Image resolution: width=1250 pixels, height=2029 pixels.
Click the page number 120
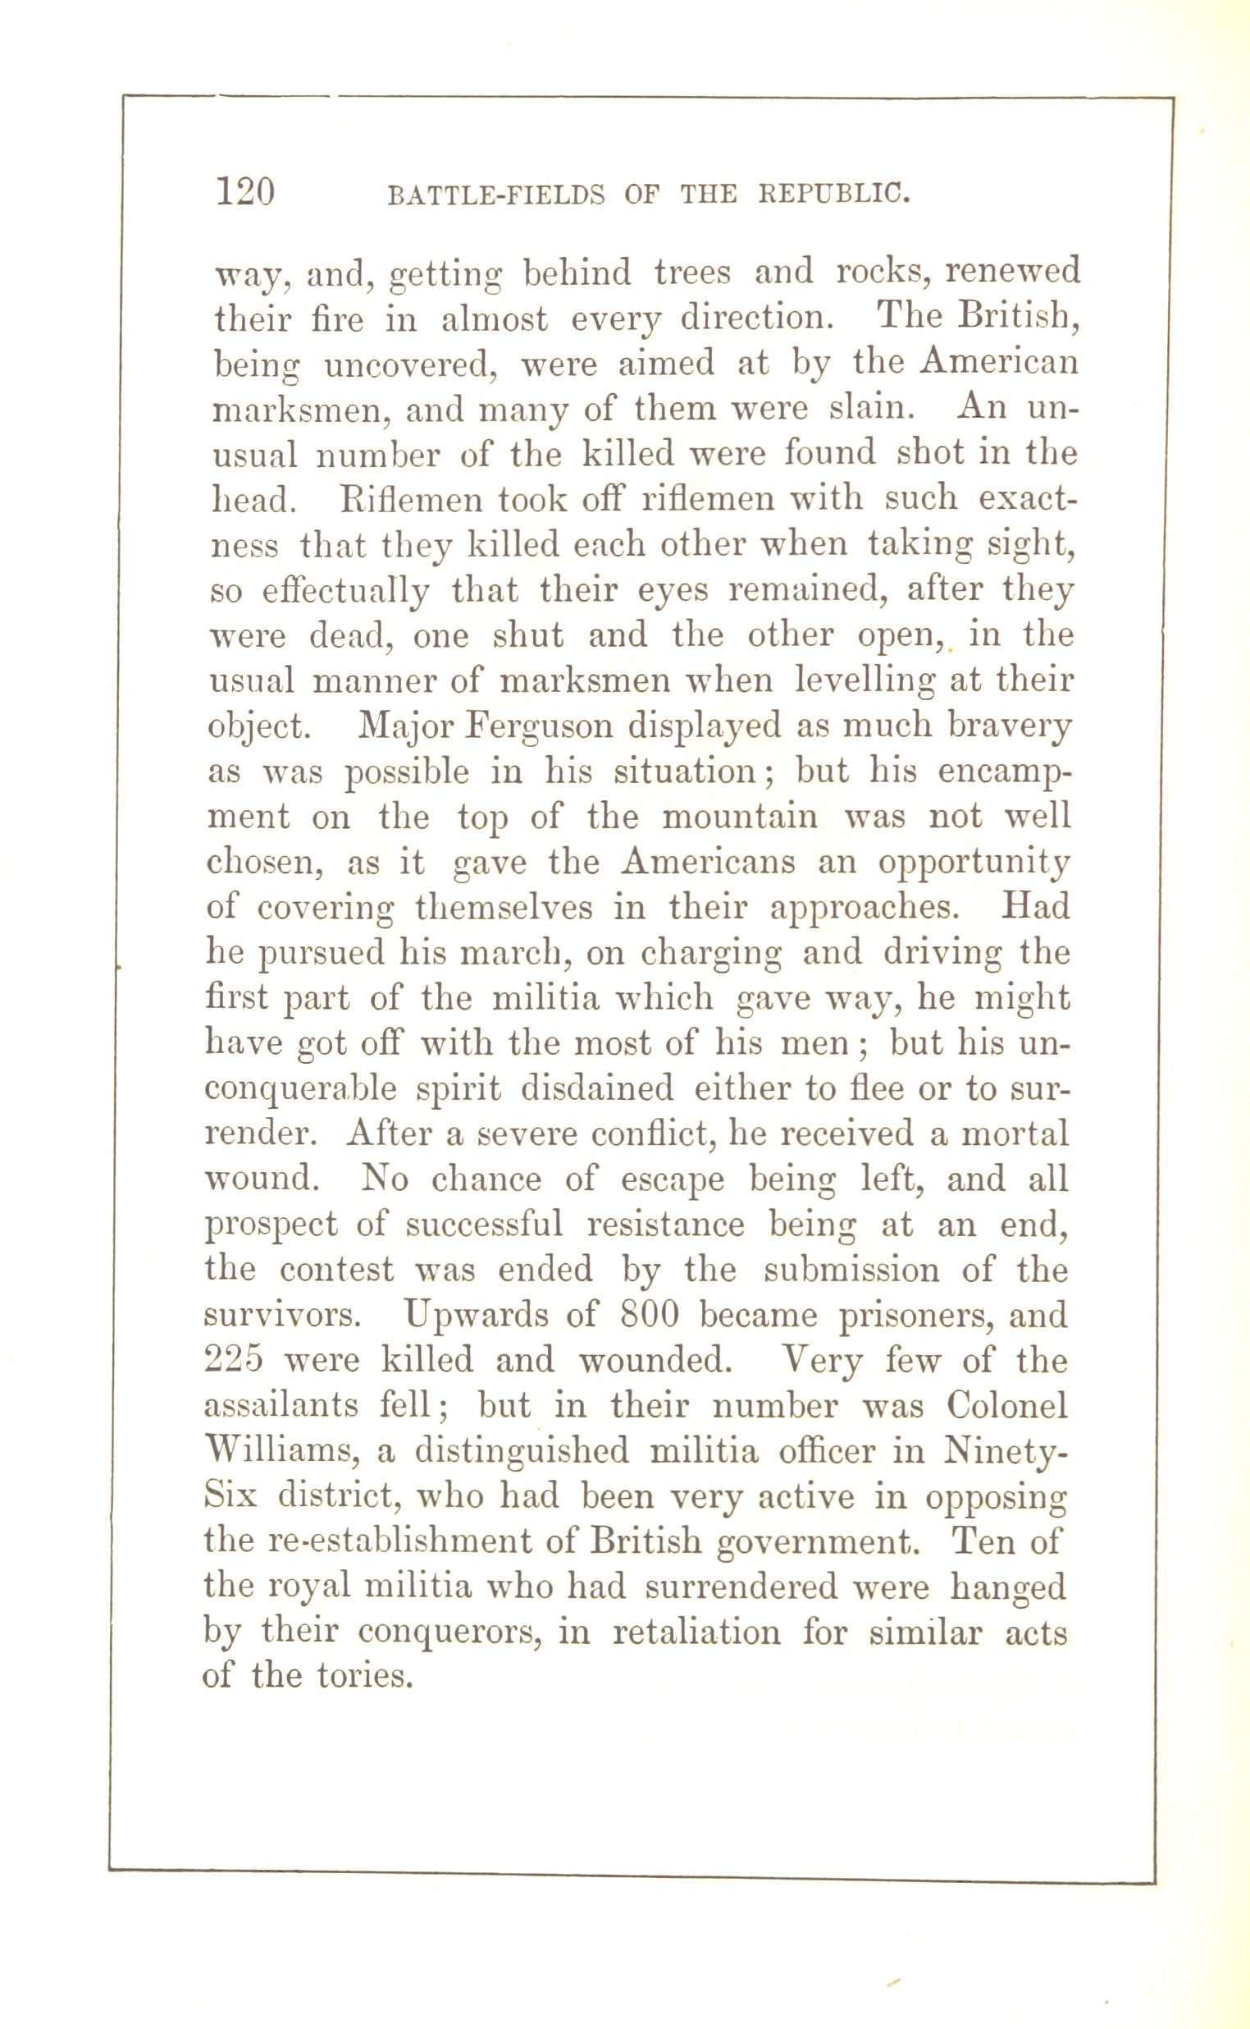click(244, 192)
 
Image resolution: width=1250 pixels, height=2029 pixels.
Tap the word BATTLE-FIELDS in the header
click(496, 195)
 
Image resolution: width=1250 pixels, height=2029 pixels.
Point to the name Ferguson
click(541, 726)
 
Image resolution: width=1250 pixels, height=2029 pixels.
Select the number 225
click(235, 1360)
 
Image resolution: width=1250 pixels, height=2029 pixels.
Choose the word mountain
click(740, 818)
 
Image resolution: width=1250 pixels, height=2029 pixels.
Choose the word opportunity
click(973, 863)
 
